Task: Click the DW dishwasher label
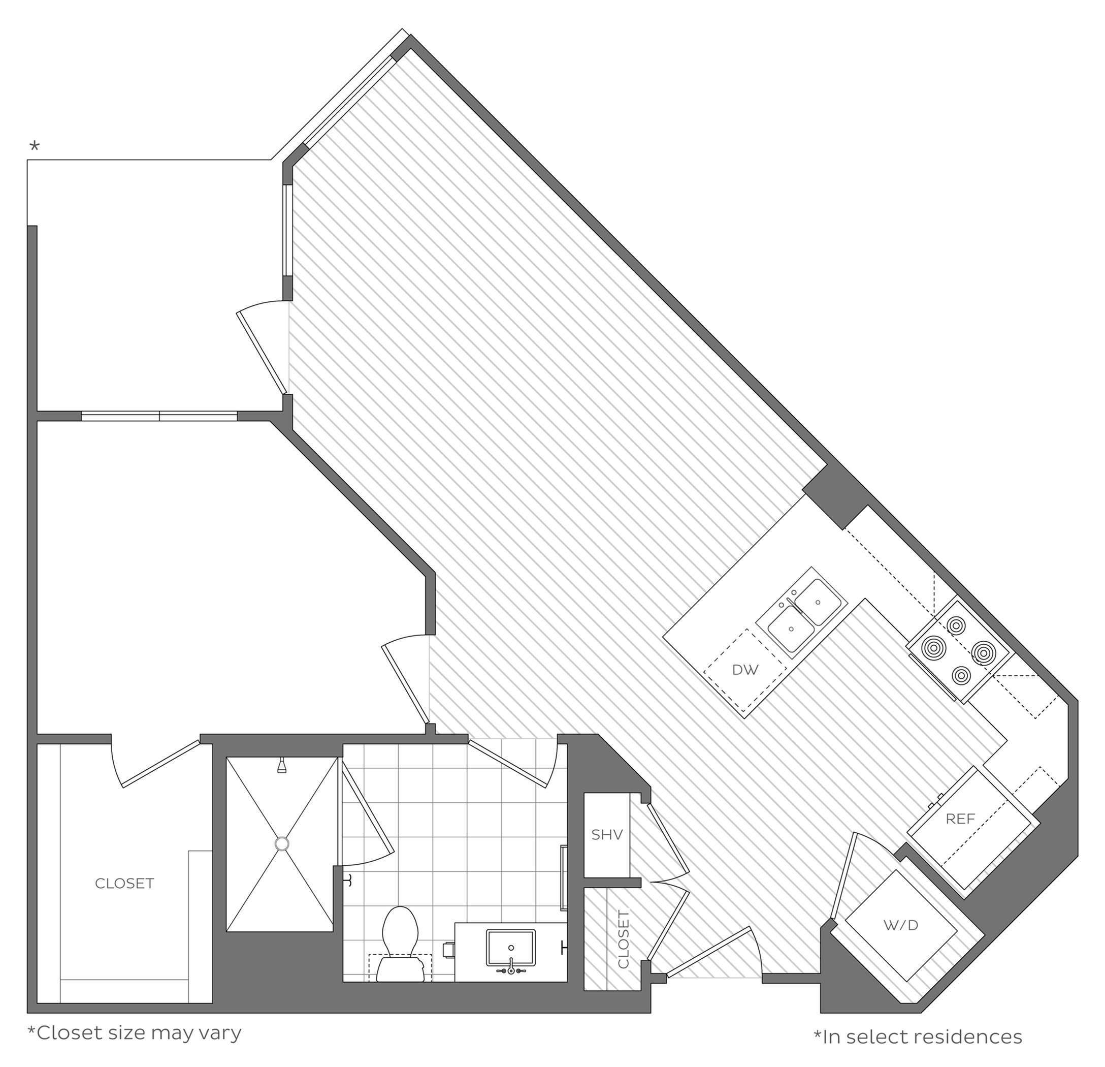(745, 669)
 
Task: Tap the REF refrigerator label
(960, 819)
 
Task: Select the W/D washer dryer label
(901, 925)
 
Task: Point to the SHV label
(607, 835)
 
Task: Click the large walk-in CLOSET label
(124, 884)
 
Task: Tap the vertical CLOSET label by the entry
(624, 939)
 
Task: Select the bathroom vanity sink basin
(511, 948)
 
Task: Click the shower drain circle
(281, 843)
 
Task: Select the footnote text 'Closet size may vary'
(135, 1032)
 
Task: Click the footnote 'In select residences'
(918, 1037)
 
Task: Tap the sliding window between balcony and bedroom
(159, 416)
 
